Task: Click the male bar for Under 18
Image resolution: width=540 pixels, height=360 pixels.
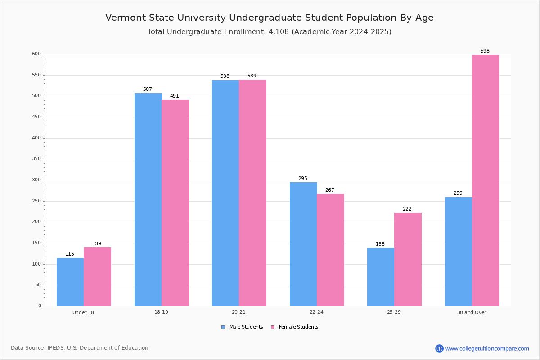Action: pos(70,282)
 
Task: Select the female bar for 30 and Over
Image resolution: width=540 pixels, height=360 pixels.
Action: pos(486,180)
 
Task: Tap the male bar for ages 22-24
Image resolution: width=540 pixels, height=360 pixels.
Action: pos(303,244)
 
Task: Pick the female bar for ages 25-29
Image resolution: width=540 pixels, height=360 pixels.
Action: pos(408,260)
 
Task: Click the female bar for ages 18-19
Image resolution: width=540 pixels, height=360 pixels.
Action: pos(175,203)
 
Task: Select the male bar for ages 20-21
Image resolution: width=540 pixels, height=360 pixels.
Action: pos(225,193)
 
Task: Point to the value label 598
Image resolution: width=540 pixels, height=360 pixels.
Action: pos(485,51)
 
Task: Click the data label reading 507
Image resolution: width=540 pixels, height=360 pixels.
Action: pos(148,89)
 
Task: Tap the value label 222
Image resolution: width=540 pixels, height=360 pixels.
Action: pos(407,209)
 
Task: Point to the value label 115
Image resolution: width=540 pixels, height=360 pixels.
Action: pos(70,254)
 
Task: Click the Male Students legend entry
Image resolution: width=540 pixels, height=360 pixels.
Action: pos(242,327)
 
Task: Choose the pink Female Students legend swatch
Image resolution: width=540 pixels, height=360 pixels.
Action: pos(273,327)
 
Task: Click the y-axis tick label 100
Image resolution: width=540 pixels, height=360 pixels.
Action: pos(36,264)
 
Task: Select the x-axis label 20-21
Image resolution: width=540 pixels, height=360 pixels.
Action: pos(238,312)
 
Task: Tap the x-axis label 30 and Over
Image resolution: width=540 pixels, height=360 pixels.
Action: pos(472,312)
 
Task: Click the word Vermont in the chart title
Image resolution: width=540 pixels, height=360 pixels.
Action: pos(126,18)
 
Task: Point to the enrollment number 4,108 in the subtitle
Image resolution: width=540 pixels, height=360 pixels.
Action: pos(279,32)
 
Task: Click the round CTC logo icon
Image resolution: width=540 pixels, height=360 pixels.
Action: pos(439,348)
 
